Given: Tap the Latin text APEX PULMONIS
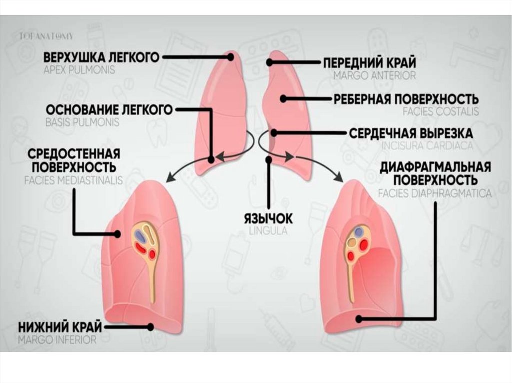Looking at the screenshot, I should tap(79, 70).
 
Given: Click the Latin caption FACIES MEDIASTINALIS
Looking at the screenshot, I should tap(73, 179).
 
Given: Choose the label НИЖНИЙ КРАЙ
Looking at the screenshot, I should tap(60, 327).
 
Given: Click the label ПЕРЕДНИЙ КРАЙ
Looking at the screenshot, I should tap(369, 63).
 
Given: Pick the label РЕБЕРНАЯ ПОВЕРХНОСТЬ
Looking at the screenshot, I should tap(406, 99).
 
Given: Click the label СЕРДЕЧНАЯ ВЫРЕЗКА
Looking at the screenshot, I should tap(410, 134).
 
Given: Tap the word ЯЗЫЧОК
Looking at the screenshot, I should tap(268, 219).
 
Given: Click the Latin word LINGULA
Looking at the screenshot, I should tap(268, 231).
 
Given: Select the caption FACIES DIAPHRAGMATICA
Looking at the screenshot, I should tap(434, 193).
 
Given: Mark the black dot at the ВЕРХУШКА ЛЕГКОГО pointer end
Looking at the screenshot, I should tap(230, 57).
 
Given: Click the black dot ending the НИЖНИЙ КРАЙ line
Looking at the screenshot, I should tap(150, 327).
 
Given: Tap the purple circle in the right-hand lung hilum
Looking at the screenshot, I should tap(359, 232).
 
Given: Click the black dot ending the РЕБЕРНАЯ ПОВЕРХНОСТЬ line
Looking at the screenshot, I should tap(283, 99).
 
